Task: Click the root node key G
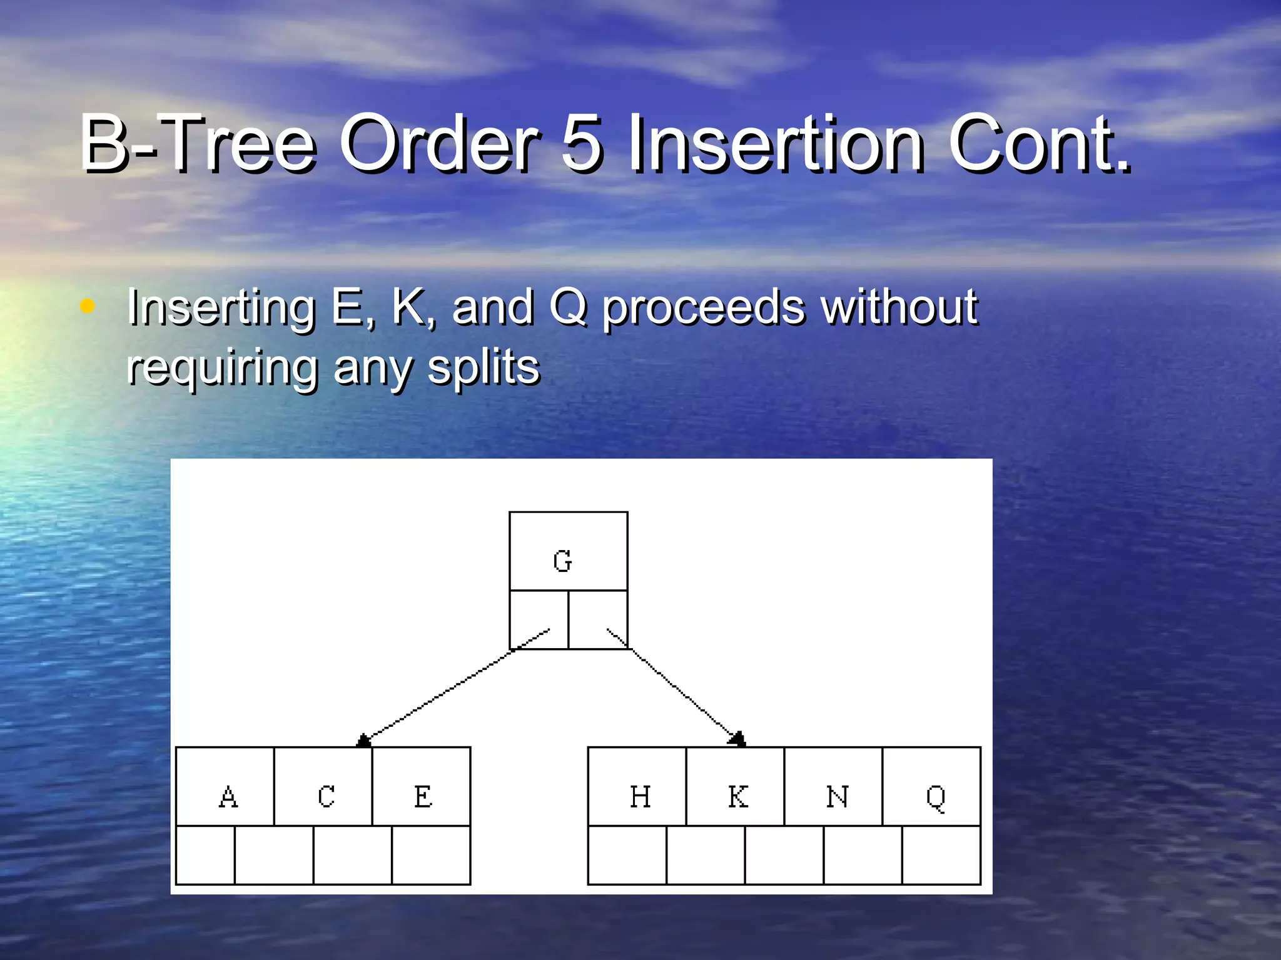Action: point(562,561)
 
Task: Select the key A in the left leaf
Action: point(228,796)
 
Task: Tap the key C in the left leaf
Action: point(326,796)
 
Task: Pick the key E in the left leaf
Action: point(423,796)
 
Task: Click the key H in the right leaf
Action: point(640,796)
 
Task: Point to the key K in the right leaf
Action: point(737,796)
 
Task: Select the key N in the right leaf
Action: point(837,796)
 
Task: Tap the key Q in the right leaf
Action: point(935,797)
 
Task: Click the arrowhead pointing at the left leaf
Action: point(363,741)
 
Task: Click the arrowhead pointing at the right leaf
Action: point(737,739)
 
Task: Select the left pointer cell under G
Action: point(539,619)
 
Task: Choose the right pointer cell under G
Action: point(598,619)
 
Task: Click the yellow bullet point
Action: point(88,306)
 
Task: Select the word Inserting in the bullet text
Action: point(221,307)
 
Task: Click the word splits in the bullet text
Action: point(483,367)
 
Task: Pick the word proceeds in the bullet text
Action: point(704,307)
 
